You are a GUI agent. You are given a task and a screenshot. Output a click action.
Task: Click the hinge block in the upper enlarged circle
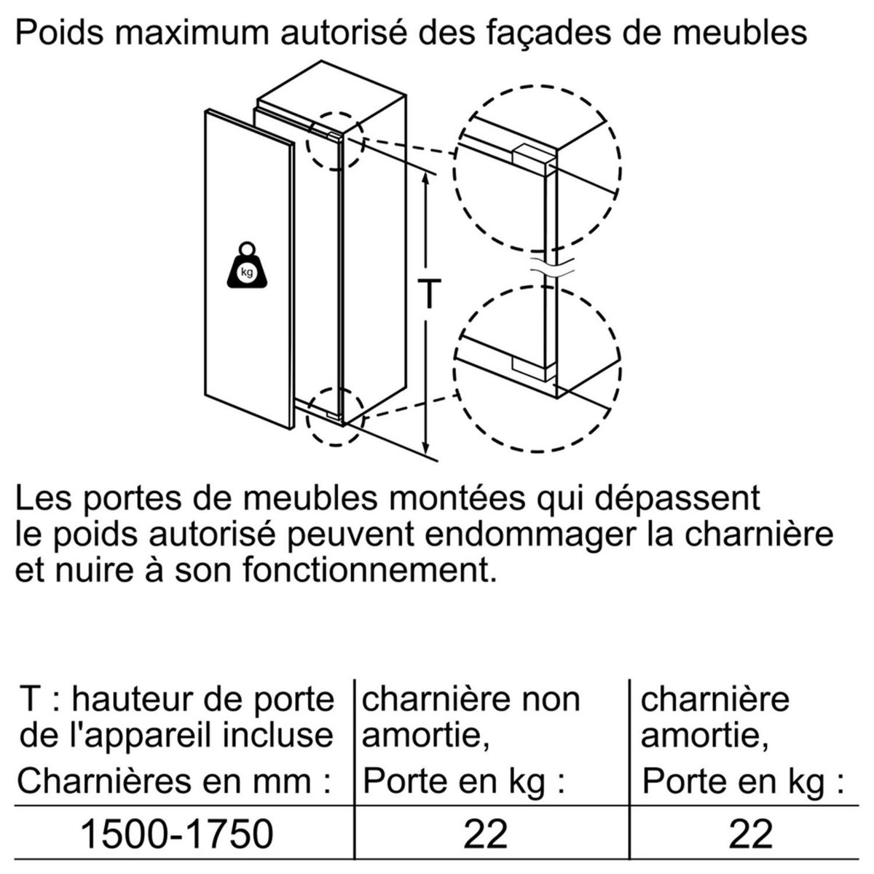pos(532,156)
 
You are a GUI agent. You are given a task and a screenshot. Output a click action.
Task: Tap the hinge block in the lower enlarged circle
pos(532,368)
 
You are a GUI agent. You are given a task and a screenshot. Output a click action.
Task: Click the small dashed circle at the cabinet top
pos(334,141)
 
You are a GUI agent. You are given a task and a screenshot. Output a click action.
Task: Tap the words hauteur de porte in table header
pos(203,699)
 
